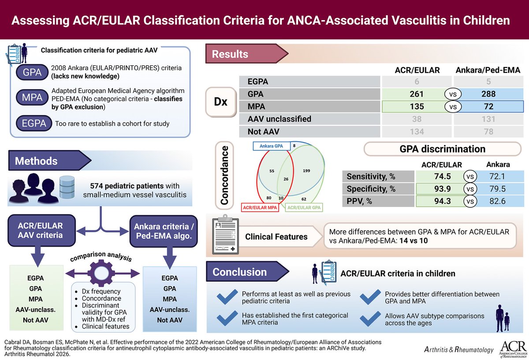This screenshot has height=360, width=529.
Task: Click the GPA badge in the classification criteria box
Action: (32, 72)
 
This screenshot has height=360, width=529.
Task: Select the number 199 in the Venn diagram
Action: (308, 170)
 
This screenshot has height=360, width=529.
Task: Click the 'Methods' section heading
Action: (36, 161)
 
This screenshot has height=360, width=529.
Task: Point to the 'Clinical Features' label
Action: (276, 236)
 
